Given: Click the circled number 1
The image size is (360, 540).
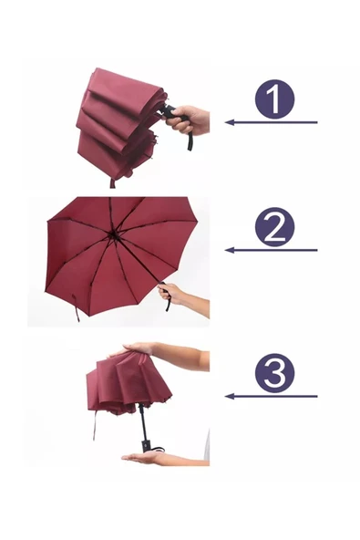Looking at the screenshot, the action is (x=274, y=99).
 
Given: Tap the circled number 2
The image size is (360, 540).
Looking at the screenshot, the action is (x=274, y=226).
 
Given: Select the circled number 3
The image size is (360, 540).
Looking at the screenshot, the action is (x=274, y=373).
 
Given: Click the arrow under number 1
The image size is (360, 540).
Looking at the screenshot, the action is (x=271, y=122).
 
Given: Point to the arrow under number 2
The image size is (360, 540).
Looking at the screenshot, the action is (x=271, y=250).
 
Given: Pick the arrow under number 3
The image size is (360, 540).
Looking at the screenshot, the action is (x=271, y=397).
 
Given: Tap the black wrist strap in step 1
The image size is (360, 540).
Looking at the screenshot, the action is (x=190, y=141).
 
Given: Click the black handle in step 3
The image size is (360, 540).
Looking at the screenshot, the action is (x=146, y=445).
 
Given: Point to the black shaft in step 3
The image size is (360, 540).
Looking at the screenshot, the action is (x=142, y=421).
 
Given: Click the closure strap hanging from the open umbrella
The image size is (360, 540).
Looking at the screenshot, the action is (x=76, y=307).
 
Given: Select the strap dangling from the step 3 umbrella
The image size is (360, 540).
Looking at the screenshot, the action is (x=94, y=425).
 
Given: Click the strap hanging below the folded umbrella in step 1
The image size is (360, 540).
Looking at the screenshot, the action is (x=112, y=182).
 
